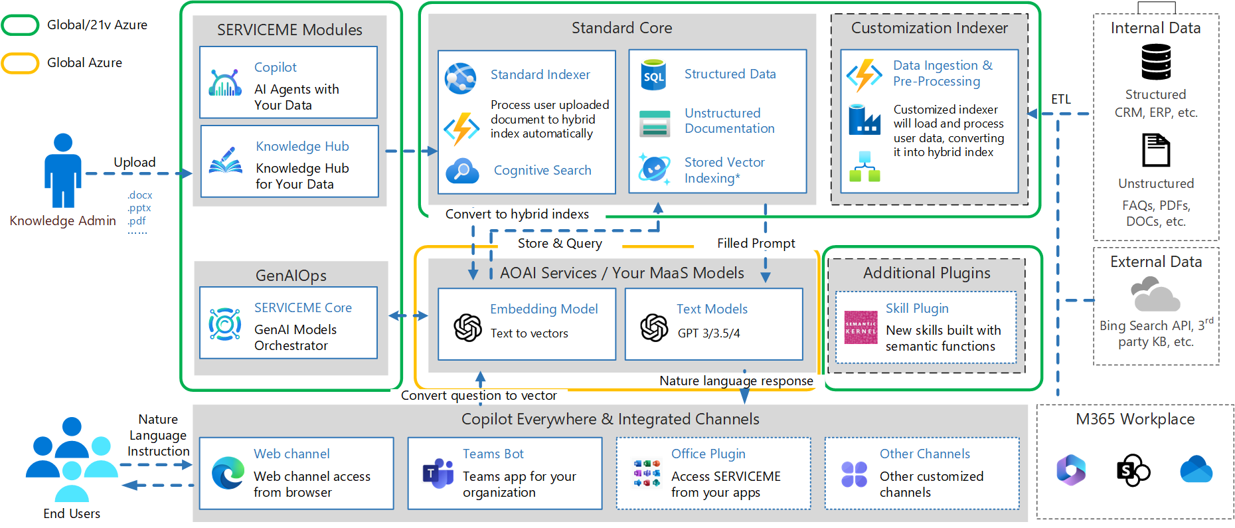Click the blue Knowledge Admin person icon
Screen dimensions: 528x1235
pyautogui.click(x=63, y=171)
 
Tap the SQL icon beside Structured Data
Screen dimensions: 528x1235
pyautogui.click(x=653, y=75)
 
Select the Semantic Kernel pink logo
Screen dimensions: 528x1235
pyautogui.click(x=861, y=327)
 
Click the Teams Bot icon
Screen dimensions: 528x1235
pyautogui.click(x=438, y=474)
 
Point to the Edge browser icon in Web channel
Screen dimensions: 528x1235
pyautogui.click(x=228, y=474)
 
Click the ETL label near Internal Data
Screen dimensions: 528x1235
pyautogui.click(x=1060, y=100)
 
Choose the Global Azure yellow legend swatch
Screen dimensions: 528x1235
pyautogui.click(x=21, y=63)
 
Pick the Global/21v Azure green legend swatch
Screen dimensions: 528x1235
pyautogui.click(x=21, y=25)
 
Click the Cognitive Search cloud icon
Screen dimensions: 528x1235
pyautogui.click(x=462, y=171)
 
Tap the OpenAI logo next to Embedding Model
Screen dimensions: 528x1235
pyautogui.click(x=467, y=327)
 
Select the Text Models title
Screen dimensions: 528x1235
pyautogui.click(x=712, y=309)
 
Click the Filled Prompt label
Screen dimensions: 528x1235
pyautogui.click(x=756, y=243)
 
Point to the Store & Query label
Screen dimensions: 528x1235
pyautogui.click(x=560, y=243)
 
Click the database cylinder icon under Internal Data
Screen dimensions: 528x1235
pyautogui.click(x=1156, y=62)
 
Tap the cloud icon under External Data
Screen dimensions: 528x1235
pyautogui.click(x=1155, y=296)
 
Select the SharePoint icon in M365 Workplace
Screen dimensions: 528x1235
pyautogui.click(x=1133, y=470)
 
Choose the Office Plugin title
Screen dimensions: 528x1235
pyautogui.click(x=708, y=454)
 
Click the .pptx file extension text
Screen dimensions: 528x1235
pyautogui.click(x=139, y=208)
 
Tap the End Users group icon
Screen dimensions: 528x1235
pyautogui.click(x=72, y=459)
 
